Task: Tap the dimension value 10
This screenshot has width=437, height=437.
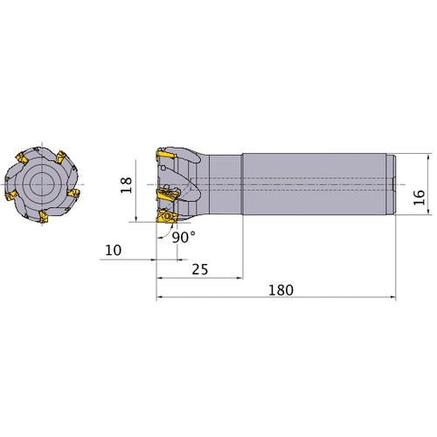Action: [x=113, y=250]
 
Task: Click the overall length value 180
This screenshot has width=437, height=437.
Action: [x=281, y=289]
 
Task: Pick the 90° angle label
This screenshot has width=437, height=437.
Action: [x=182, y=237]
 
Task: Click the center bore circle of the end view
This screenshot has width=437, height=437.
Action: [x=39, y=184]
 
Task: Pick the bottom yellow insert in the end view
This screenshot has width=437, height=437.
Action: [x=43, y=215]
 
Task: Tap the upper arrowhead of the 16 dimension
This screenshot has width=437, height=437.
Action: [x=427, y=158]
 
